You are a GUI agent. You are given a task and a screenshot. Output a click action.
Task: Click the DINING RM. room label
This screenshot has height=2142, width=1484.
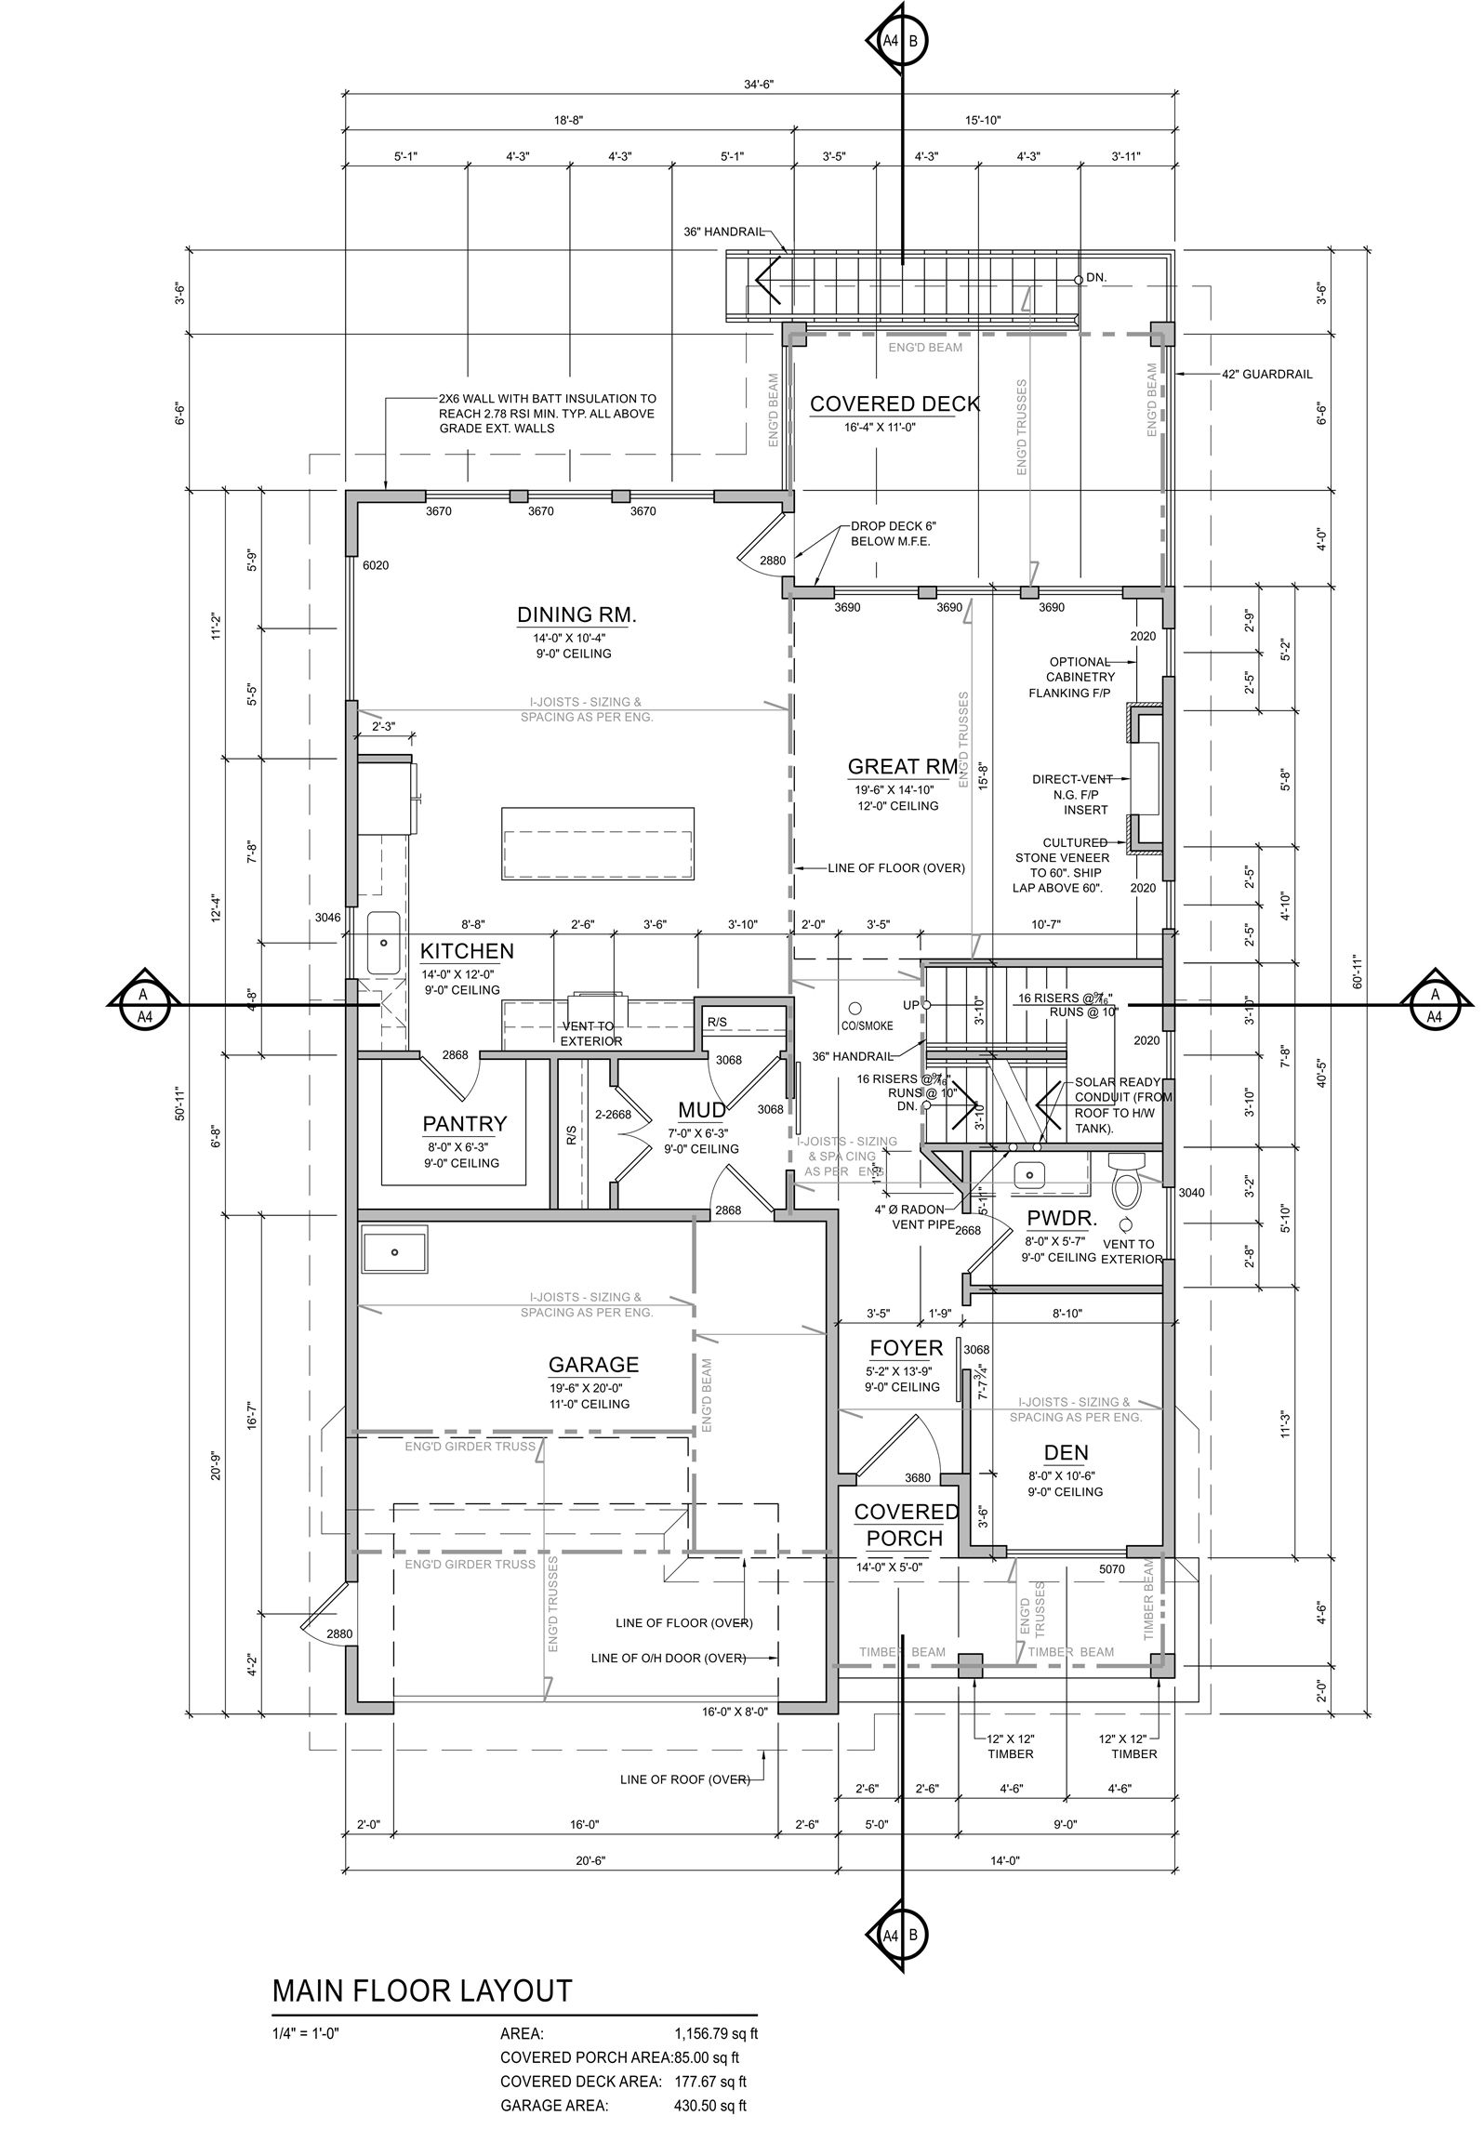(576, 615)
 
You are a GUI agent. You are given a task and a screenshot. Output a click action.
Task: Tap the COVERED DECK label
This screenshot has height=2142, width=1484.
(894, 403)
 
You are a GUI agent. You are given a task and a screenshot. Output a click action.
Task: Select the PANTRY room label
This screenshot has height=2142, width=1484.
(465, 1123)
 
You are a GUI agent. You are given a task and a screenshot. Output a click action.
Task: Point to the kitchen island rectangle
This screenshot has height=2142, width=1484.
(598, 844)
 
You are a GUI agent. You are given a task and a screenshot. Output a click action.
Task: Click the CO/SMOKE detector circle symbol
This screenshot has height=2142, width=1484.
(853, 1006)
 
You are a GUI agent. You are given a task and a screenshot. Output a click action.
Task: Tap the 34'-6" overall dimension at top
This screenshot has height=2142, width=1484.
(758, 84)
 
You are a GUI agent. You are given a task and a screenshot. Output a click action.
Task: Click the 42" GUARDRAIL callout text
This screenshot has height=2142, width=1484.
(1266, 374)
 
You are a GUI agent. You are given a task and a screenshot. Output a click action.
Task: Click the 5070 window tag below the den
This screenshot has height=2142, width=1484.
(1112, 1569)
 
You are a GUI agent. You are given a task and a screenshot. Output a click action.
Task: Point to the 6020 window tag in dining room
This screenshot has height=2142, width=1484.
(376, 564)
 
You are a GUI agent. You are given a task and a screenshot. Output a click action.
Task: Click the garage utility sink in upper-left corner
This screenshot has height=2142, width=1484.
(394, 1249)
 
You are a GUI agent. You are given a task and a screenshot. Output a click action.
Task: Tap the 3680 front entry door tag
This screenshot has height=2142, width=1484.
(917, 1478)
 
